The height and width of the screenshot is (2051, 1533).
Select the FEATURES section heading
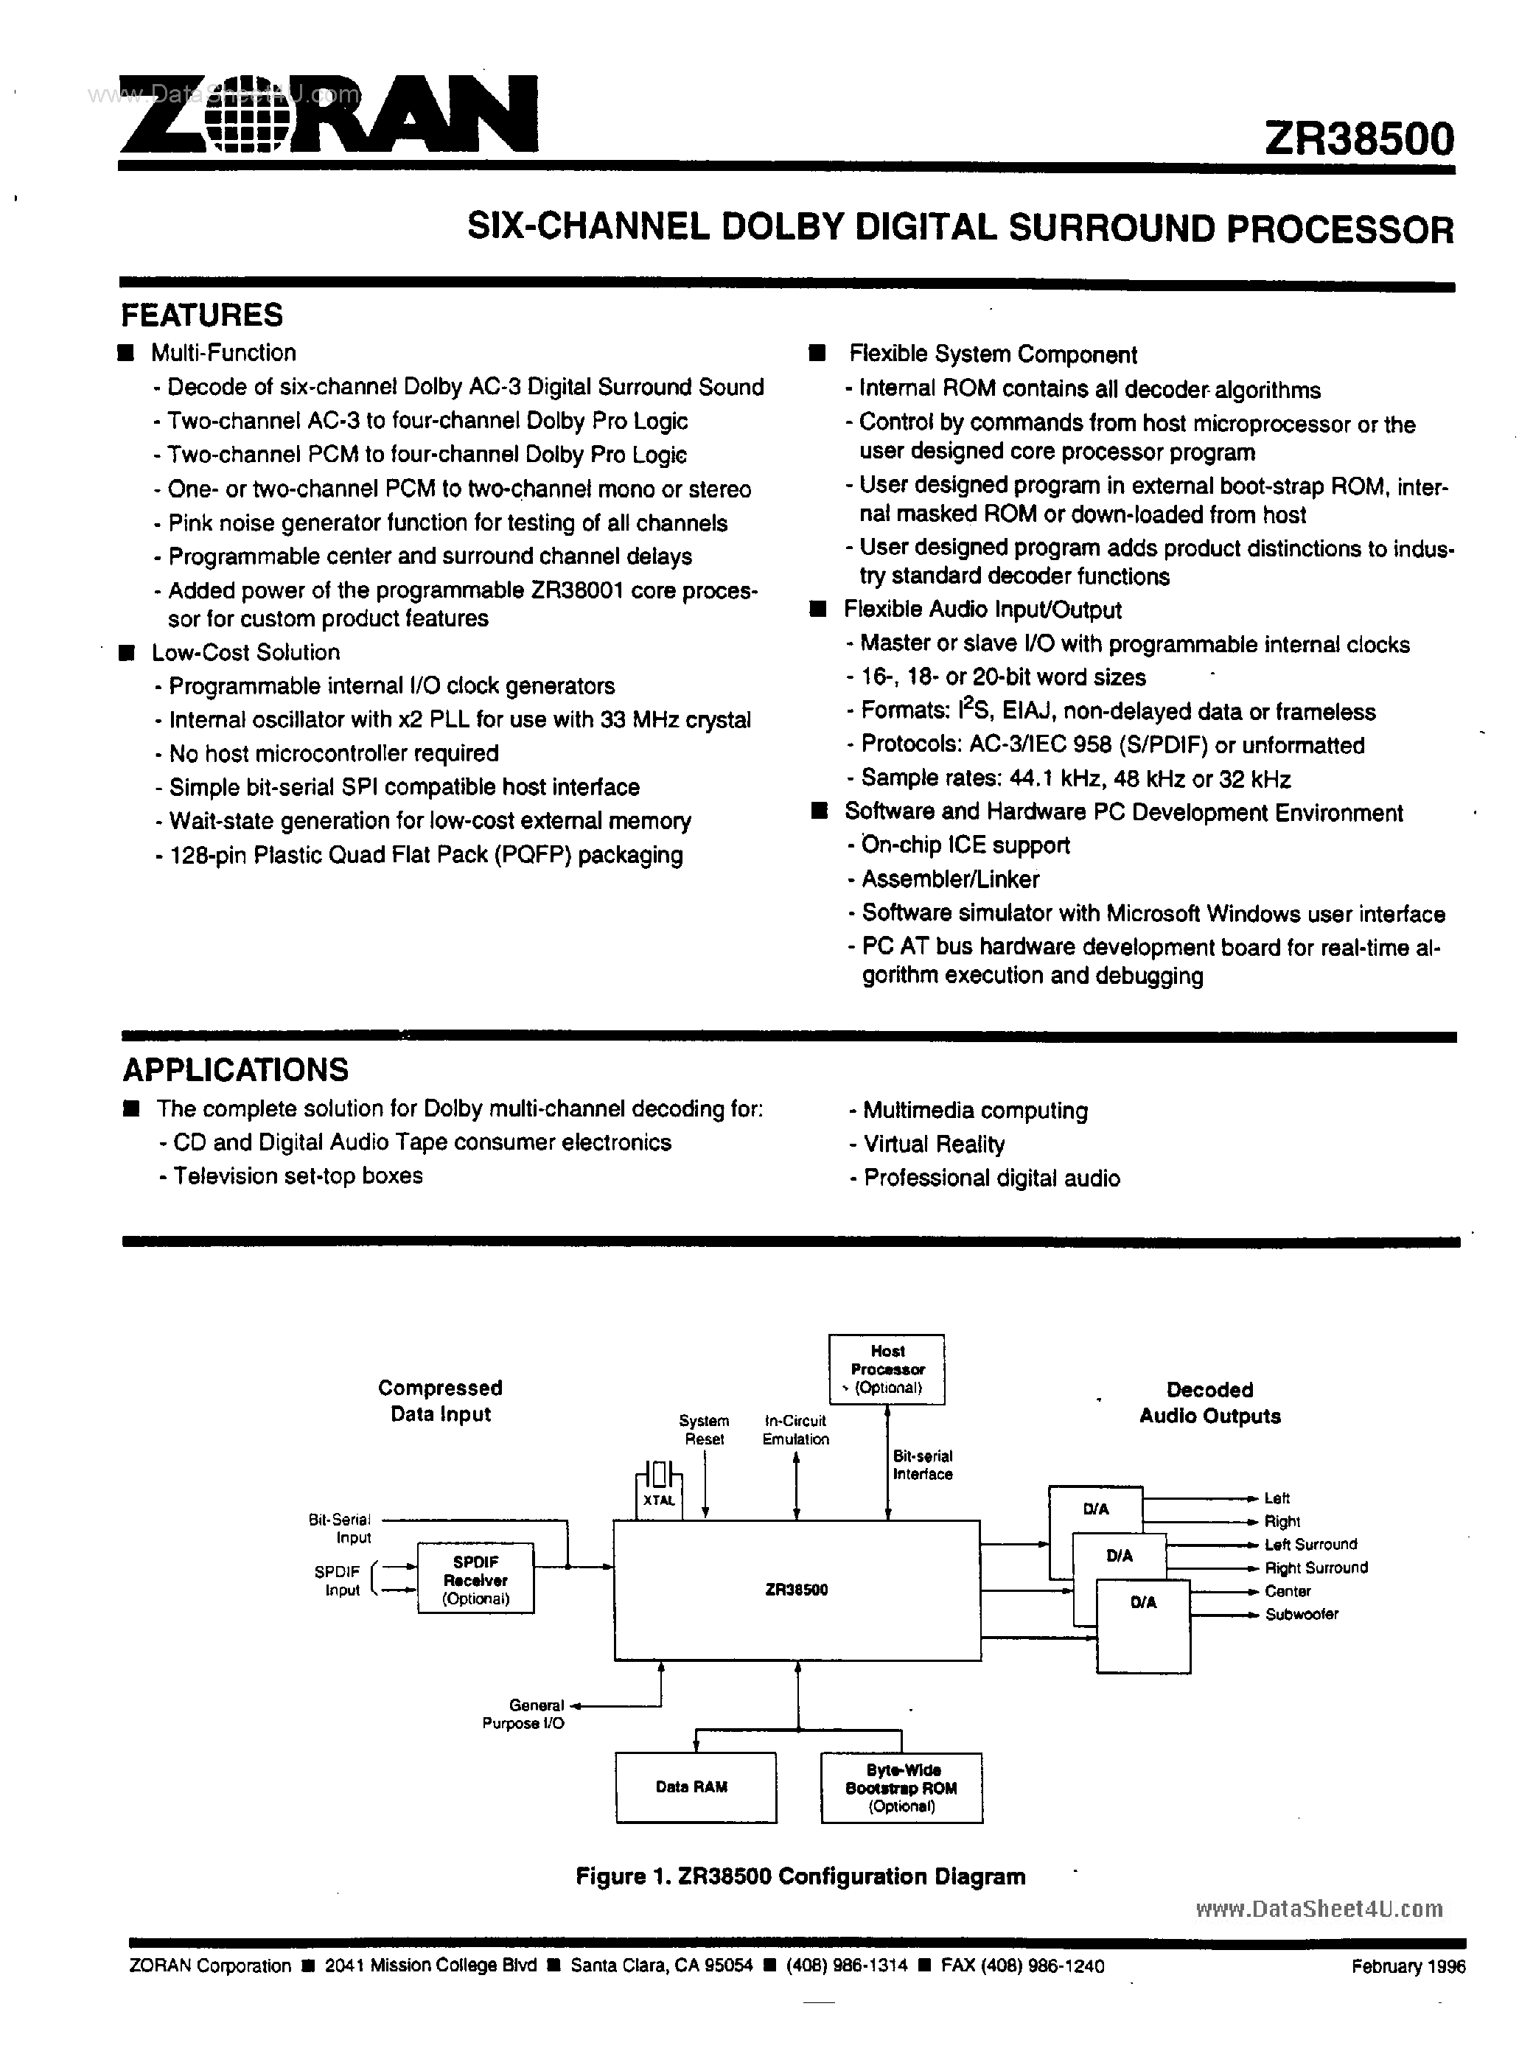pos(201,315)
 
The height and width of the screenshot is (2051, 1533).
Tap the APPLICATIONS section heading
pos(236,1070)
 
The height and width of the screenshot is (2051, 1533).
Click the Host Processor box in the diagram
pos(886,1369)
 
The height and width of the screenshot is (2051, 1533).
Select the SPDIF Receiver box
pos(476,1580)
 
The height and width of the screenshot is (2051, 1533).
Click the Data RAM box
pos(694,1786)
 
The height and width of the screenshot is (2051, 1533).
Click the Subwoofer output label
pos(1301,1614)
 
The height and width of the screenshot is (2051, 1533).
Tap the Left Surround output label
pos(1310,1545)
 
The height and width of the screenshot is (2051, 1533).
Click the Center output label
pos(1288,1591)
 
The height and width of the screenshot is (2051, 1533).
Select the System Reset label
pos(704,1430)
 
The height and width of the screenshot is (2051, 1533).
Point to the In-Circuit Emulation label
pos(795,1430)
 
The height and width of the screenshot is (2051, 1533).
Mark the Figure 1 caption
pos(800,1876)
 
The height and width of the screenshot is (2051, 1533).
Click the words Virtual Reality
pos(933,1145)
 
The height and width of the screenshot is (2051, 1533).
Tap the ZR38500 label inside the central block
pos(796,1589)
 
